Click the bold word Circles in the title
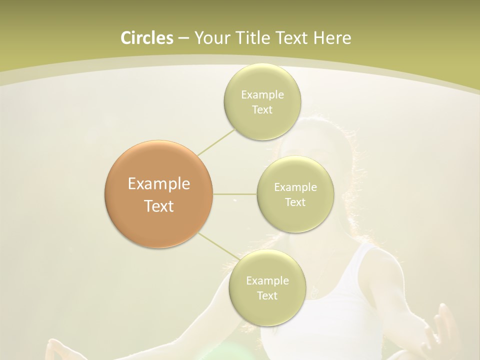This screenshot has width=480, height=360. point(146,38)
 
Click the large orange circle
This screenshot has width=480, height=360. point(159,194)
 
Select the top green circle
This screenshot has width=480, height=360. point(262,102)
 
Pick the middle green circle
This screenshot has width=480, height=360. point(295,194)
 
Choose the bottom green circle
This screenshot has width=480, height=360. point(267,288)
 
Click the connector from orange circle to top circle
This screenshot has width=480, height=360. point(216,142)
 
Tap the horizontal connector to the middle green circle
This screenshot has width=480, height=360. point(235,193)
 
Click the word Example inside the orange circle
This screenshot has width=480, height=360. point(159,184)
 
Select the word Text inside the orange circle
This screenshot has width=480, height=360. point(159,206)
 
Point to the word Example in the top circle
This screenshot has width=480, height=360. point(262,95)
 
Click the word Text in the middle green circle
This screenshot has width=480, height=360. point(295,202)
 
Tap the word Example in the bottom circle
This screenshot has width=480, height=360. point(267,281)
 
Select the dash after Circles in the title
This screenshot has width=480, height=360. point(183,38)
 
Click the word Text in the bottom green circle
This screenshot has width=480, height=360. point(267,295)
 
